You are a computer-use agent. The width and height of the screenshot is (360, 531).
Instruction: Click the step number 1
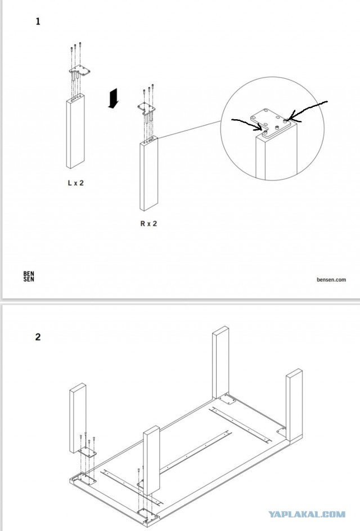point(38,22)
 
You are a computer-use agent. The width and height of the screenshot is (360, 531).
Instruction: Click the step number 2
point(38,337)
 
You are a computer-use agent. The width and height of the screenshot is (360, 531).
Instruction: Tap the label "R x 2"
point(148,223)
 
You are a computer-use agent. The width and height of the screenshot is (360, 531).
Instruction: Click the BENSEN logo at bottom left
point(28,277)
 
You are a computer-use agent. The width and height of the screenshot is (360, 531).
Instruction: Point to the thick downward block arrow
point(114,98)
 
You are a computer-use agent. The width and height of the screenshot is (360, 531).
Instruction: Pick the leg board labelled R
point(148,174)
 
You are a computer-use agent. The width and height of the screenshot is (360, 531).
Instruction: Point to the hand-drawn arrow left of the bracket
point(248,123)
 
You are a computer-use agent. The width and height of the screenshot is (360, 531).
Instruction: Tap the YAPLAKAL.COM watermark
point(306,514)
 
